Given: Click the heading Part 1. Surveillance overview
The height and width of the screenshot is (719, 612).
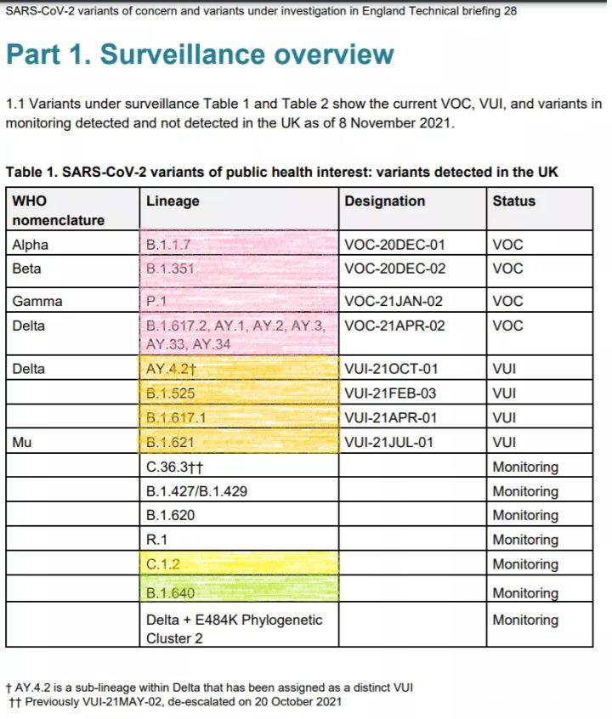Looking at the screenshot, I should pos(200,54).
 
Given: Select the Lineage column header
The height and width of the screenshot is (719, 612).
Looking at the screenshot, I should pos(173,201).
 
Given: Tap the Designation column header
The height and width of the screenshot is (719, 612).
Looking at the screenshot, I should pos(384,201).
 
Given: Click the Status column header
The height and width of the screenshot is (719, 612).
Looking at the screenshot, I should pos(513,201).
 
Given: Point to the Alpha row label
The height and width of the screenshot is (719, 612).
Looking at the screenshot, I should pos(31,245).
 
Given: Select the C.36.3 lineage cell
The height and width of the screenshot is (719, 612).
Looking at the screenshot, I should pos(175,467).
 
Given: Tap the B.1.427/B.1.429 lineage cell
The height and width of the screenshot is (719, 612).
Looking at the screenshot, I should pos(196,491).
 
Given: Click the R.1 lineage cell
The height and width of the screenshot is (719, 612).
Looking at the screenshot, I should pos(156,540).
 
